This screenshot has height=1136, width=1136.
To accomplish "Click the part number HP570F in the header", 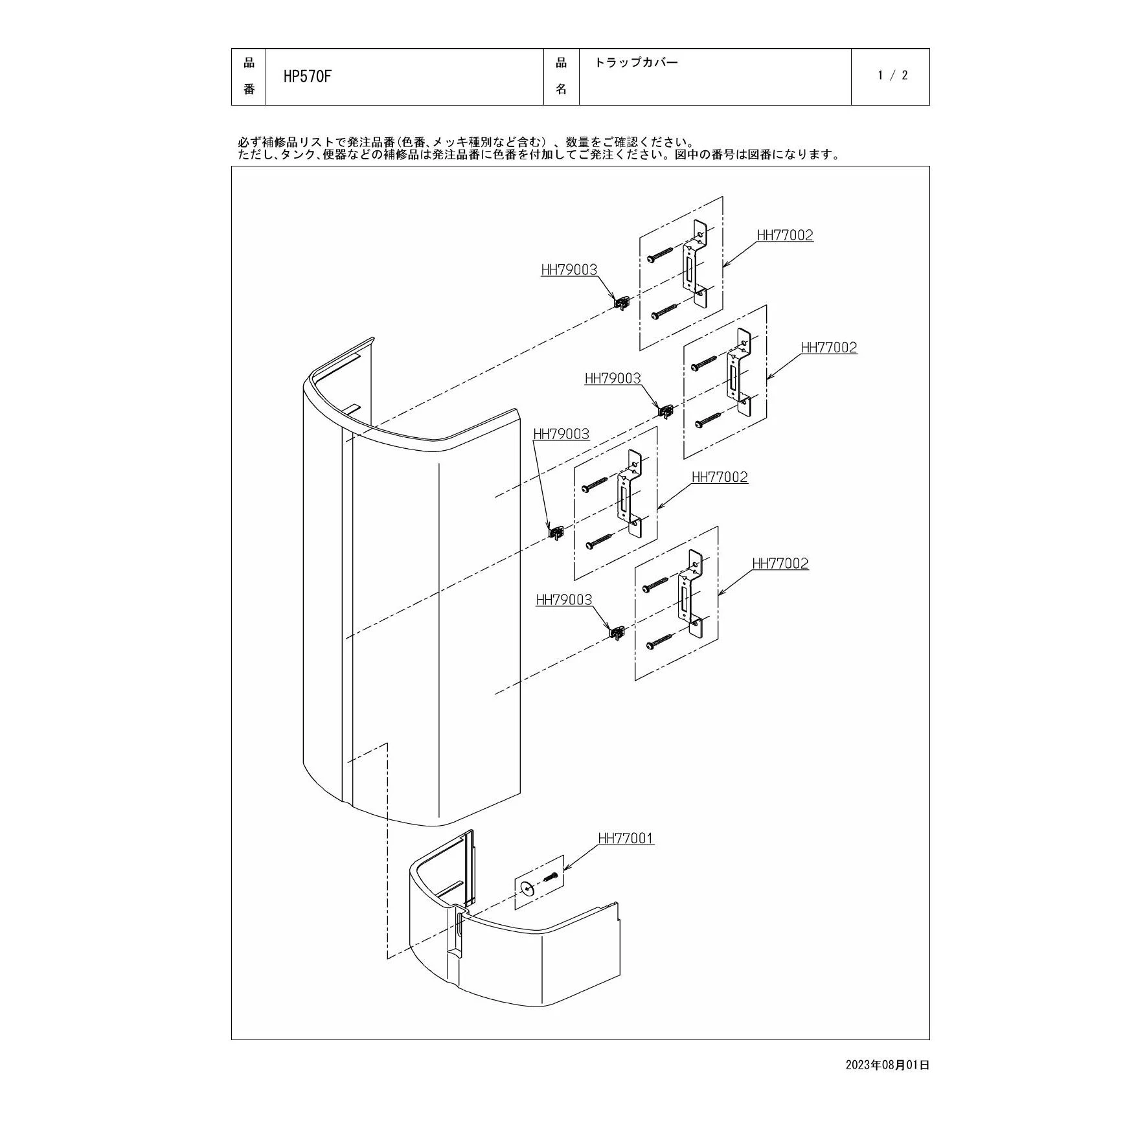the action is [x=308, y=76].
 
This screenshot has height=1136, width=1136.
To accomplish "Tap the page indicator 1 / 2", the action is [x=892, y=75].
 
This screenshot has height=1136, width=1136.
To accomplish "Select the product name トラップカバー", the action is [x=636, y=63].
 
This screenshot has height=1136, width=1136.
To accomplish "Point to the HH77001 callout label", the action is [x=626, y=838].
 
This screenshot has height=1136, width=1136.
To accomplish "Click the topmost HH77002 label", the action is [x=785, y=235].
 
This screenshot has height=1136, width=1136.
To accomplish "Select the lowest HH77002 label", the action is [x=780, y=563].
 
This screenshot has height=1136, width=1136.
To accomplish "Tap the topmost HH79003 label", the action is [x=569, y=269].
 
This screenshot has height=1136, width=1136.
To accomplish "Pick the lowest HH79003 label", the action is [x=564, y=600].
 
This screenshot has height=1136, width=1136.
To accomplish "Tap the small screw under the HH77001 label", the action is [x=551, y=878].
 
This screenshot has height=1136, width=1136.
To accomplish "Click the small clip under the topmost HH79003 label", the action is [x=622, y=302].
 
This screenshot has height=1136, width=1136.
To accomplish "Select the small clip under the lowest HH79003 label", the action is [x=617, y=631].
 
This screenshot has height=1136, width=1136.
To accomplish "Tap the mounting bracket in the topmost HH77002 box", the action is [x=695, y=264].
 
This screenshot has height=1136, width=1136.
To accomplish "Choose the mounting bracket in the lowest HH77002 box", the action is [x=690, y=594].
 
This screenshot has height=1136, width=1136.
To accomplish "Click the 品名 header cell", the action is [x=561, y=76].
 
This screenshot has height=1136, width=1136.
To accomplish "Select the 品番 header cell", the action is [x=249, y=76].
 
